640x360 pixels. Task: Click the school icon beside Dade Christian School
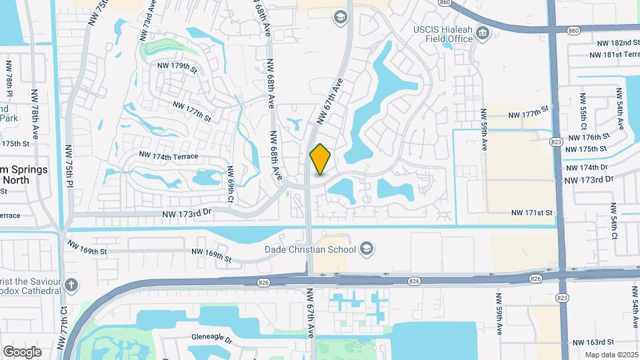[365, 249]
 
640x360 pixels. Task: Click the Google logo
[22, 352]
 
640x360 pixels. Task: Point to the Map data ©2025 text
[611, 355]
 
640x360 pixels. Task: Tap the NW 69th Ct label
[230, 184]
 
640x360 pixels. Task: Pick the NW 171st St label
[532, 213]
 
